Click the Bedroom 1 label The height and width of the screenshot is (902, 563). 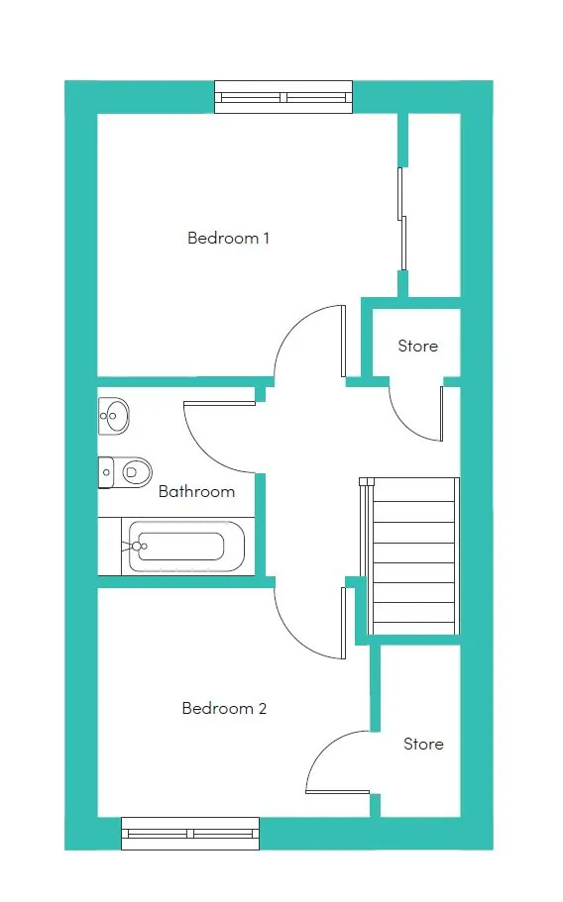coord(229,238)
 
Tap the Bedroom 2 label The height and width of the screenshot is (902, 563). coord(224,708)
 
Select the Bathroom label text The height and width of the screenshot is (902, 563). coord(196,491)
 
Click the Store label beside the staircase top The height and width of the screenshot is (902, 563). coord(418,346)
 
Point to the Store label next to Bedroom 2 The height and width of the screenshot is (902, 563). coord(423,744)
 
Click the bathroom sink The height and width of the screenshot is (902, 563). coord(113,415)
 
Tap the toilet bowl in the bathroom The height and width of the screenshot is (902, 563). coord(133,473)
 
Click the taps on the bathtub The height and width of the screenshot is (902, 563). coord(136,546)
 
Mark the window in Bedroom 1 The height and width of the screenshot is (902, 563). coord(283,97)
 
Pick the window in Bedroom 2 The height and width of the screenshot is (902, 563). coord(190,834)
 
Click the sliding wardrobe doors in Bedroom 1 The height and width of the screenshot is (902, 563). coord(401,219)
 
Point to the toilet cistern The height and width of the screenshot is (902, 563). coord(105,472)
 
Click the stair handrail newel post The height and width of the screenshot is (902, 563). coord(363,482)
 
